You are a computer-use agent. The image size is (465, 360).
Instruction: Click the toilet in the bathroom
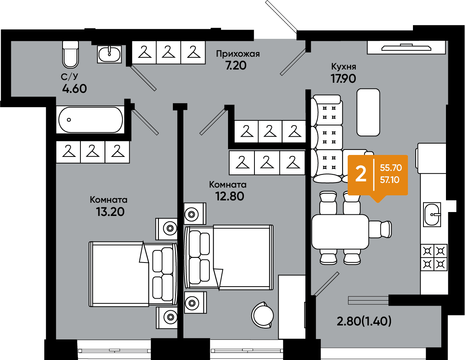tap(70, 55)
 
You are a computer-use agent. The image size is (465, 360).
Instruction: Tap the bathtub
tap(91, 120)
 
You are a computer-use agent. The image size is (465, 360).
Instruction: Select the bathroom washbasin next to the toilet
tap(110, 54)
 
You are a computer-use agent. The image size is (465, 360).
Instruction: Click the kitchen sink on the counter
tap(432, 214)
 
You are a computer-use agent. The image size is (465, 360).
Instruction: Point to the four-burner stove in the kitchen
tap(434, 257)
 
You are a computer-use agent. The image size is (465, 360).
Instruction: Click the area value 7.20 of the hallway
tap(236, 66)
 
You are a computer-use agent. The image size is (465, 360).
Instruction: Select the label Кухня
tap(343, 66)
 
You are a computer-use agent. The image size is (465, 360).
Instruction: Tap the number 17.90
tap(343, 78)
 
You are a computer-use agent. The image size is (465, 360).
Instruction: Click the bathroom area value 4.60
tap(75, 89)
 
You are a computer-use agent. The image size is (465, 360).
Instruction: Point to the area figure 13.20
tap(110, 212)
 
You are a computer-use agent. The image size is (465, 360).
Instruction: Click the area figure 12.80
tap(230, 196)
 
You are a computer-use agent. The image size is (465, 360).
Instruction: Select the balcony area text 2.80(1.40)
tap(364, 321)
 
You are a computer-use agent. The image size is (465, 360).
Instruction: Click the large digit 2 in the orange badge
tap(361, 174)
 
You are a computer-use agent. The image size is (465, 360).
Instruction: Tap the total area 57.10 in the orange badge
tap(390, 180)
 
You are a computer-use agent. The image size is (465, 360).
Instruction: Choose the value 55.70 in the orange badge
tap(391, 168)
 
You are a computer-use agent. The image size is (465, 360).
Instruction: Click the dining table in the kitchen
tap(340, 231)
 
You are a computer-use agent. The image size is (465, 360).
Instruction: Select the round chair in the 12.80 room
tap(263, 315)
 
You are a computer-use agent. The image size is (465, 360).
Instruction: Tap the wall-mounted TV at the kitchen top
tap(406, 47)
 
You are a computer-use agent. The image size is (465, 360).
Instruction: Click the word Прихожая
tap(238, 54)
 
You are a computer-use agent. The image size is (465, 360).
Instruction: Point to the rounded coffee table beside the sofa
tap(368, 112)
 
